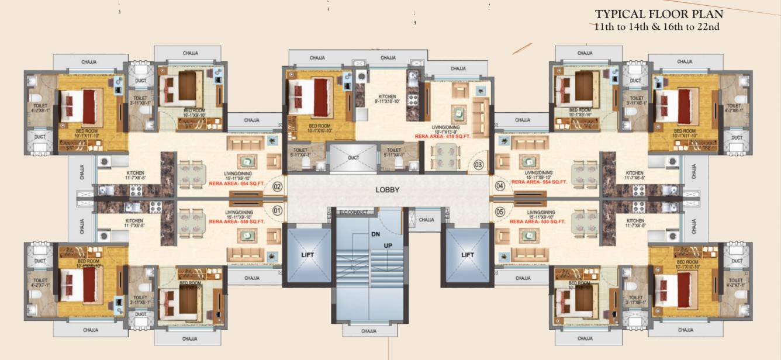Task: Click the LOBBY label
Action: [387, 190]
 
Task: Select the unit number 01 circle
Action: [277, 209]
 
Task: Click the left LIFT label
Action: [307, 254]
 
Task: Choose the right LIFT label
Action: [467, 254]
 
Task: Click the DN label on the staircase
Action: [375, 234]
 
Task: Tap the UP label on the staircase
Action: [387, 245]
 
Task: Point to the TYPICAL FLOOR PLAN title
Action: [659, 14]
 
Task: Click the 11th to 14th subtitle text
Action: [659, 27]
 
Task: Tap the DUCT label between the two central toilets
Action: [354, 158]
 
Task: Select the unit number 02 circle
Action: [277, 187]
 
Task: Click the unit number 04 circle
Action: [500, 186]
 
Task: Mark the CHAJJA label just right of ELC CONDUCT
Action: [426, 220]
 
